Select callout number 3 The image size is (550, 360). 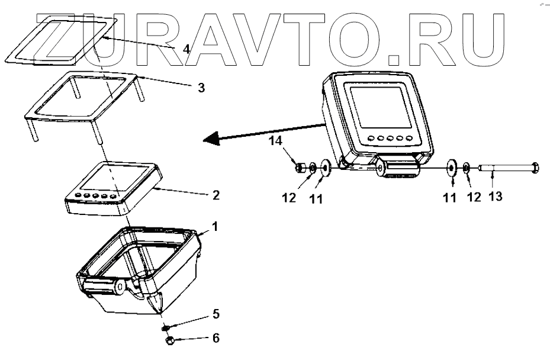201,88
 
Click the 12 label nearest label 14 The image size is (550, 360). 289,197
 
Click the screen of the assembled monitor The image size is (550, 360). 379,106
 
